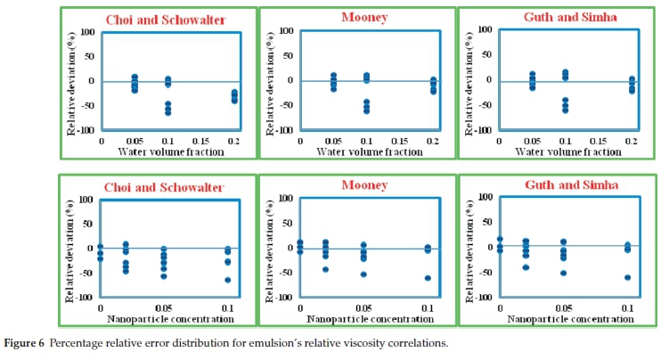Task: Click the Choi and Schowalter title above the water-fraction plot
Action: point(165,20)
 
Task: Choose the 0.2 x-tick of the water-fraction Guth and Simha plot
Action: point(632,140)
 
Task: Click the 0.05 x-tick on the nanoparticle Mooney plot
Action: point(363,307)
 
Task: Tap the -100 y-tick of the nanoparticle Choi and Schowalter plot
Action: point(85,298)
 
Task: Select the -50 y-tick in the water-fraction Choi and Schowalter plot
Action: point(87,105)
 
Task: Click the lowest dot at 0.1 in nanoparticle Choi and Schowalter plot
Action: point(228,280)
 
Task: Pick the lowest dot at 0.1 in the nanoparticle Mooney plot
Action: point(428,278)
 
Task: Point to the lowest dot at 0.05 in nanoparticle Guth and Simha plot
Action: point(563,273)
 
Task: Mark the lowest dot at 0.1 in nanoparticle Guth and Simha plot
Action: point(627,277)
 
